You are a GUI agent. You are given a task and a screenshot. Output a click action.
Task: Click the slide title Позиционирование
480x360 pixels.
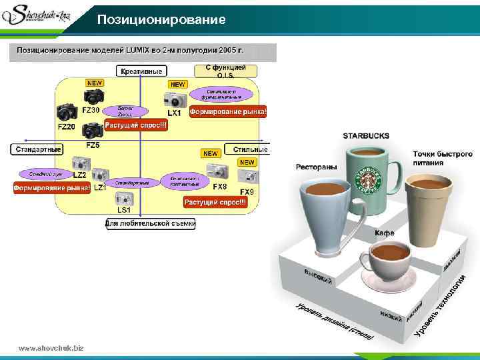(x=161, y=20)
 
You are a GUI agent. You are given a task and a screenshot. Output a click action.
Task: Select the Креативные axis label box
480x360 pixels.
(x=142, y=71)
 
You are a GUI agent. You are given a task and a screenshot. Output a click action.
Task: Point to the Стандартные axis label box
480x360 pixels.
(x=37, y=149)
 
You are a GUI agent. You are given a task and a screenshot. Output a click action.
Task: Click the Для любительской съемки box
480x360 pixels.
(x=151, y=224)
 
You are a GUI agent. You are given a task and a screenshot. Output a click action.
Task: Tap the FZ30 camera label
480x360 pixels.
(x=91, y=110)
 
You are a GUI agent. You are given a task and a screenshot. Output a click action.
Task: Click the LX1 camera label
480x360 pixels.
(x=174, y=113)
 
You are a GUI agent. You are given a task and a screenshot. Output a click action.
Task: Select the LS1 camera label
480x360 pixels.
(x=123, y=210)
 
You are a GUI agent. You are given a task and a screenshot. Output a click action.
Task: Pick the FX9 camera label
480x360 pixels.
(x=247, y=192)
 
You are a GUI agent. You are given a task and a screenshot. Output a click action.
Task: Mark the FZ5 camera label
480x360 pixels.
(x=93, y=145)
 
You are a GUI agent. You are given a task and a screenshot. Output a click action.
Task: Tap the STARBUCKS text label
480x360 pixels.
(x=366, y=136)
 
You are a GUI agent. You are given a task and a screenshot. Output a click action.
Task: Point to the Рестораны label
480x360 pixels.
(x=316, y=167)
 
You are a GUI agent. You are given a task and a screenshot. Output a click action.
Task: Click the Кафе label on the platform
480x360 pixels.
(x=383, y=233)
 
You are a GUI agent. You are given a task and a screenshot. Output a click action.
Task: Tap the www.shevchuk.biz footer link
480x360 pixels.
(x=51, y=348)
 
